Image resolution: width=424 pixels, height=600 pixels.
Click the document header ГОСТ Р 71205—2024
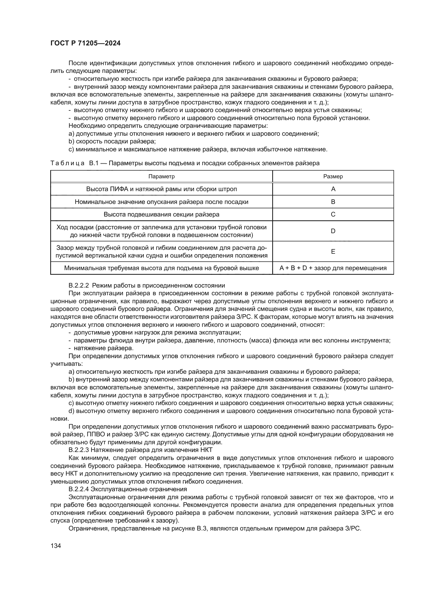click(x=85, y=43)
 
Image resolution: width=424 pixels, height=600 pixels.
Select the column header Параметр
click(x=161, y=176)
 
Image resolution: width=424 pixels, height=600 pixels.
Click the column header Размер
click(x=333, y=176)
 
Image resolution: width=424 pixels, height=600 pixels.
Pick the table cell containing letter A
click(x=333, y=189)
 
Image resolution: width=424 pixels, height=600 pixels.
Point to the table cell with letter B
click(x=333, y=202)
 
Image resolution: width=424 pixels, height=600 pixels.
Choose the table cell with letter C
click(x=333, y=214)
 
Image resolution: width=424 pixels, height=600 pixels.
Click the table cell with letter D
click(x=333, y=231)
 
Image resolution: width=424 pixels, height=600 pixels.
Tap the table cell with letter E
click(x=333, y=251)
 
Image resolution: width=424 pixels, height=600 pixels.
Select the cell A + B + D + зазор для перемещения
click(x=333, y=268)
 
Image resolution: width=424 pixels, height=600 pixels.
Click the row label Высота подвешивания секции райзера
click(x=161, y=214)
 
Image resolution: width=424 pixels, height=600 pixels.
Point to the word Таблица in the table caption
click(x=67, y=163)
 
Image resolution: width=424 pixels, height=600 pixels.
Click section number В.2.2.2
click(x=79, y=285)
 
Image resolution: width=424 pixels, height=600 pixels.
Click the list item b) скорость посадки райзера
click(x=112, y=142)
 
